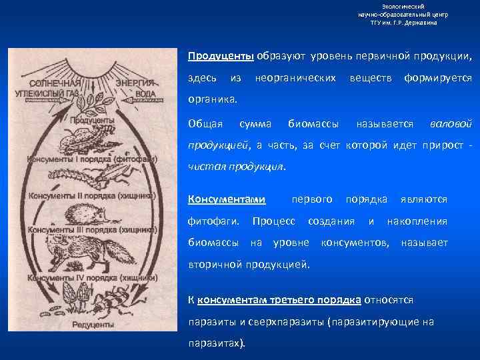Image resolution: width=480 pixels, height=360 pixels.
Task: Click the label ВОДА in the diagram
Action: coord(145,94)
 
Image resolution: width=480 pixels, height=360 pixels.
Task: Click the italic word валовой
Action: coord(451,123)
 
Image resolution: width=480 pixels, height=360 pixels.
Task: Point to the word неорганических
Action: coord(295,78)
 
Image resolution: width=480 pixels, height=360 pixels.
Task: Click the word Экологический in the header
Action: coord(403,6)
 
